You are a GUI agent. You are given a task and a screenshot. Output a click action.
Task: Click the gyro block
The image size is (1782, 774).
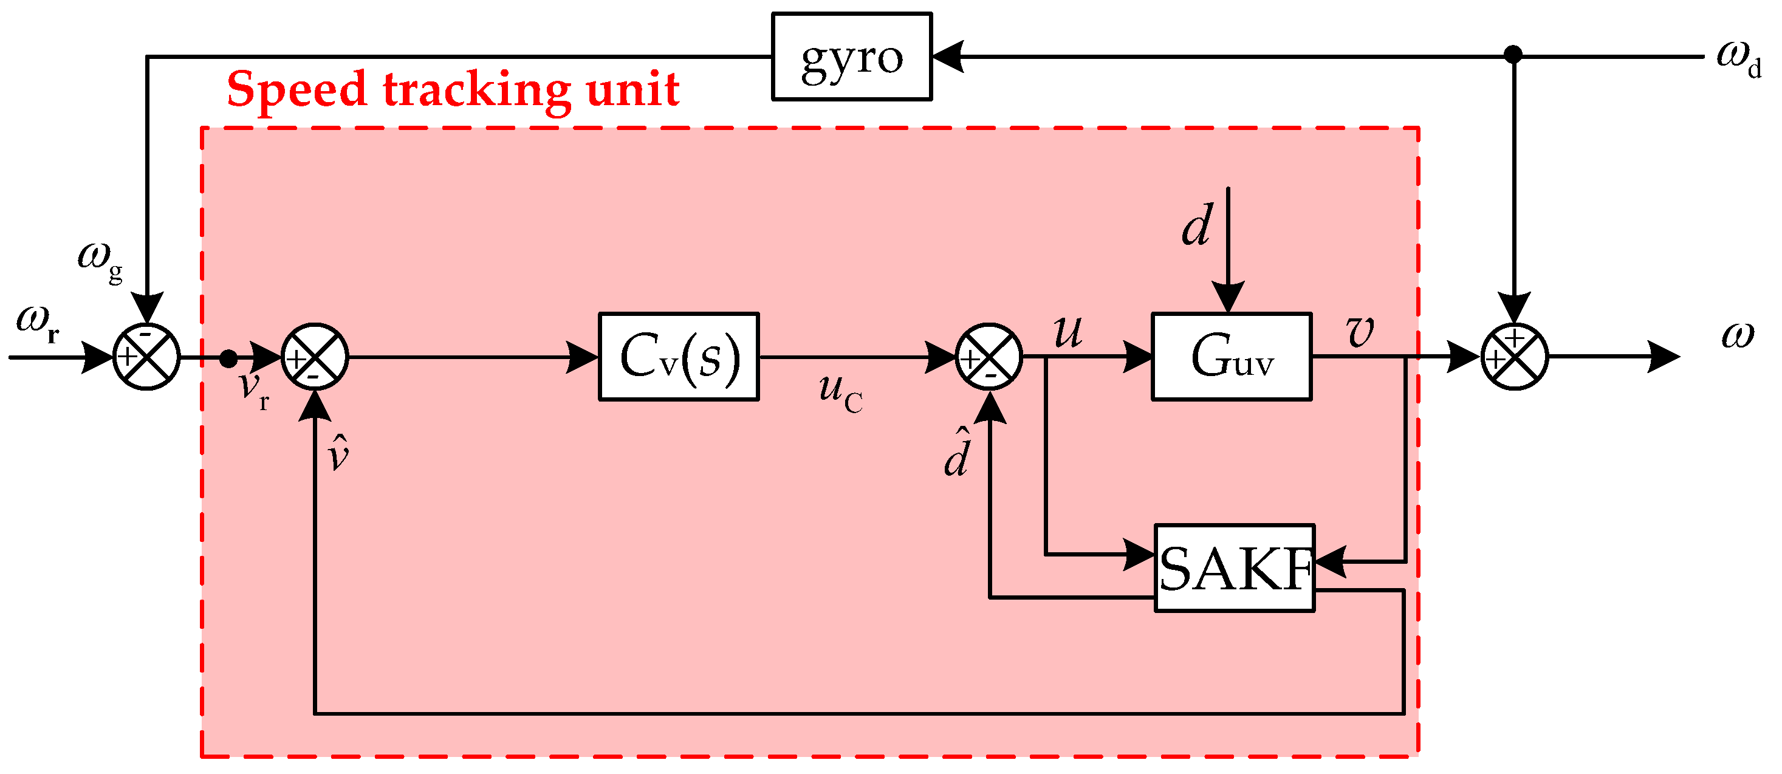(x=852, y=57)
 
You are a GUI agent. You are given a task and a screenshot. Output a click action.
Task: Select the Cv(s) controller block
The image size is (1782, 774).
(x=679, y=357)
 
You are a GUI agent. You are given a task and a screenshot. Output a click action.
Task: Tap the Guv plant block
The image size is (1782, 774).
(x=1232, y=357)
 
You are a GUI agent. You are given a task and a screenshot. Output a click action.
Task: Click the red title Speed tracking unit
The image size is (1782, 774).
(x=453, y=90)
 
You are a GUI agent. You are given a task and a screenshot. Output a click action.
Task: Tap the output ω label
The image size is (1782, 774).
(x=1737, y=335)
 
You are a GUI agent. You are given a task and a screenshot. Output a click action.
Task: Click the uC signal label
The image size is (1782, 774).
(x=840, y=392)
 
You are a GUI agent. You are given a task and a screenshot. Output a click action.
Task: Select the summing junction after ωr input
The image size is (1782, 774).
(x=146, y=357)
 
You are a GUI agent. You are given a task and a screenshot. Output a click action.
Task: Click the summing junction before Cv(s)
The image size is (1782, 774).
(x=315, y=357)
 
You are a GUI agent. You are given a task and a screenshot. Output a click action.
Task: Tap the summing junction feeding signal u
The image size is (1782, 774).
(x=989, y=357)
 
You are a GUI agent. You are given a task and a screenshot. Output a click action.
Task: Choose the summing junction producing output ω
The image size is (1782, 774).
(x=1514, y=357)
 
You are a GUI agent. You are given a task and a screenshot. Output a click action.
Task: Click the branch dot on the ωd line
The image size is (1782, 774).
(x=1513, y=54)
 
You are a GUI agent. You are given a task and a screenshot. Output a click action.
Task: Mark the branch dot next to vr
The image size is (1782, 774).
(x=228, y=358)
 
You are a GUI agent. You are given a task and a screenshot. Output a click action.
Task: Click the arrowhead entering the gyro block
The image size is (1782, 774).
(x=948, y=57)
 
